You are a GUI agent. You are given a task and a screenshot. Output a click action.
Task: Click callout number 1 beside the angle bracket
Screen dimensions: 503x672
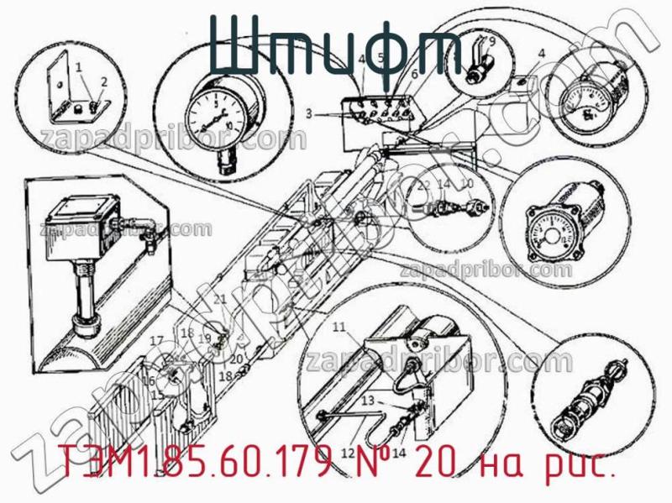click(x=78, y=66)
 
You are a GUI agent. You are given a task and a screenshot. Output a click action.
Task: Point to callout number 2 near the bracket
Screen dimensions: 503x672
click(x=104, y=81)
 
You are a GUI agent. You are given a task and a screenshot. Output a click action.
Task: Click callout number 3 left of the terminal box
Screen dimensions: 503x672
click(x=309, y=113)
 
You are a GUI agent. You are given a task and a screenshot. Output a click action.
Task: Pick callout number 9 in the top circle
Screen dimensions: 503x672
click(x=491, y=41)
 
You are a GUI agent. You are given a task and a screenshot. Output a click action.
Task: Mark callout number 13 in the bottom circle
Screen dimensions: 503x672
click(x=367, y=401)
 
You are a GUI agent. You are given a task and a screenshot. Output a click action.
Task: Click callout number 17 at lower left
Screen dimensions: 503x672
click(x=156, y=340)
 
